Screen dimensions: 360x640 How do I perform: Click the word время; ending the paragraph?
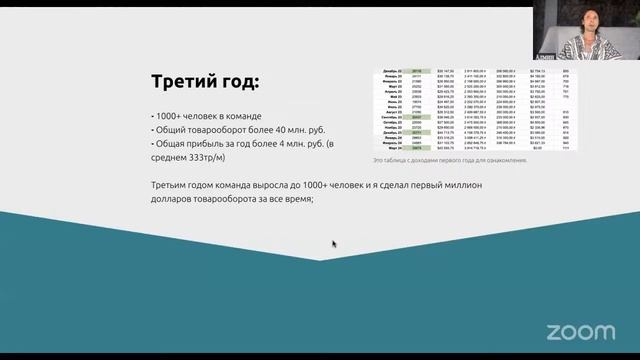[298, 199]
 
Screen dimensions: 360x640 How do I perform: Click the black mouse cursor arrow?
[334, 243]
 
